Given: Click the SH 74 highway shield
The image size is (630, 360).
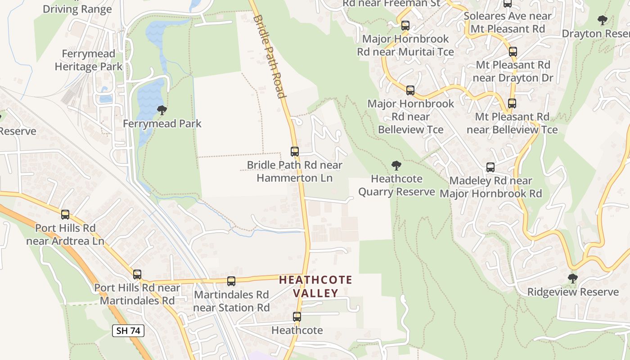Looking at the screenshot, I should [128, 331].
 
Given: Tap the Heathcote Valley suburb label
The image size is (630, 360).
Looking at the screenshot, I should [315, 287].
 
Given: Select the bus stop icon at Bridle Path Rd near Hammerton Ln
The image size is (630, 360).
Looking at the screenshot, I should [295, 152].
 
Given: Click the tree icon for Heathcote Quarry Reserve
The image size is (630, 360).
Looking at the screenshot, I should [396, 166].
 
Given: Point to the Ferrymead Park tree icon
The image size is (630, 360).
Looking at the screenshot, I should [162, 110].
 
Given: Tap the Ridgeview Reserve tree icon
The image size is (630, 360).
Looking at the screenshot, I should [572, 279].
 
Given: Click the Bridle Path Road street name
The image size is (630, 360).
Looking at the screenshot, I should [270, 56].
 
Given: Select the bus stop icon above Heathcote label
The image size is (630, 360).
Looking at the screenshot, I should [297, 317].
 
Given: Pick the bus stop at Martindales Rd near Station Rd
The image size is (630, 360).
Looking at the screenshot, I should [231, 281].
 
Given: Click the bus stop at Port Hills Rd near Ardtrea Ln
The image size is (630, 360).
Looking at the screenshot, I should [65, 215].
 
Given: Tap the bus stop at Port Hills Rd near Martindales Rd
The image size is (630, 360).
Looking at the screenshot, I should [137, 274].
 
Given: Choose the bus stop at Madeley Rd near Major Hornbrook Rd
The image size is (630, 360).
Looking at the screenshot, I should [490, 167].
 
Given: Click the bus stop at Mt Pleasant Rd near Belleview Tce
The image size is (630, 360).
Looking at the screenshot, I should [512, 103].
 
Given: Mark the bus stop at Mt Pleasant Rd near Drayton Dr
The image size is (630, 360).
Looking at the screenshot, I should [513, 52].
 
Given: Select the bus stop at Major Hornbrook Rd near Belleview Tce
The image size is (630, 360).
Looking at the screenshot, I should [410, 90].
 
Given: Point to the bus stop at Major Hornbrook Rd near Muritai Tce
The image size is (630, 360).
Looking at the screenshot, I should [405, 26].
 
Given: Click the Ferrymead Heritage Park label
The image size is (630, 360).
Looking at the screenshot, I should [89, 60].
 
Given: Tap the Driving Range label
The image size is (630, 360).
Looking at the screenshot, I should [77, 9].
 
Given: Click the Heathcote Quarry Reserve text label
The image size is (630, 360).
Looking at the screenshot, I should [396, 185].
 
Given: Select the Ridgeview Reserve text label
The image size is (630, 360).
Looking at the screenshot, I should [573, 292].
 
